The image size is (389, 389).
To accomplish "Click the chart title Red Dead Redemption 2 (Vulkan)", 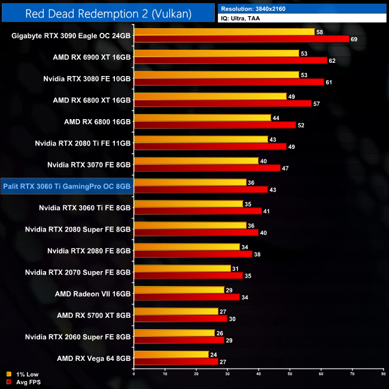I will [x=109, y=13].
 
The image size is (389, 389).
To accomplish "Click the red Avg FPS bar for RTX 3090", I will [x=241, y=39].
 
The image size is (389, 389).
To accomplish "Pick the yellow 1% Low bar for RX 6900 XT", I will [x=216, y=53].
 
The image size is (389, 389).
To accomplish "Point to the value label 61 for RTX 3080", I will [x=328, y=82].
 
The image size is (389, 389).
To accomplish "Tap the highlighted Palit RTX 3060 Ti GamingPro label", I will [x=66, y=186].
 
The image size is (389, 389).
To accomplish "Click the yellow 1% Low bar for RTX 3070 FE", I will [x=196, y=161].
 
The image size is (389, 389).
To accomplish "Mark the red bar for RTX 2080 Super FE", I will [x=196, y=233].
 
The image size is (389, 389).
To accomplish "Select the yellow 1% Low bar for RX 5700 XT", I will [x=176, y=311].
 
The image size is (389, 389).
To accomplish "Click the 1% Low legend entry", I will [x=24, y=375].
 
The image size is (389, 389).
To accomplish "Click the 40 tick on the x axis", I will [x=259, y=375].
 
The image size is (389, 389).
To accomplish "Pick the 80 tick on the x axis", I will [x=383, y=375].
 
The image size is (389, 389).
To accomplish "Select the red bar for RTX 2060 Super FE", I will [x=179, y=340].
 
